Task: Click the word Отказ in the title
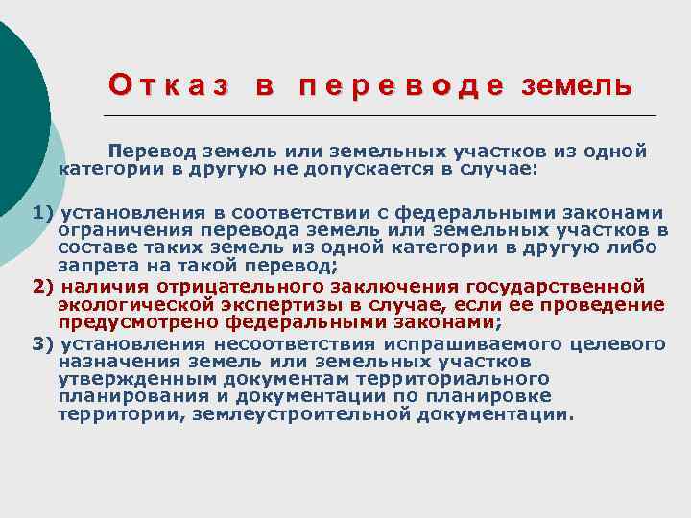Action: pos(169,86)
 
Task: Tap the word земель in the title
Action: pos(576,86)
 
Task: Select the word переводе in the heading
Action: pos(401,86)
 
